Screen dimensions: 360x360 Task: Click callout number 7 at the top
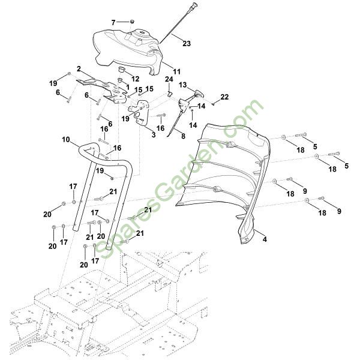point(112,22)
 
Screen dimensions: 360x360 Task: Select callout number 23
point(186,43)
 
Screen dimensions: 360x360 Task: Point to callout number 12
point(136,79)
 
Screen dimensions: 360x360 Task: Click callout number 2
point(79,69)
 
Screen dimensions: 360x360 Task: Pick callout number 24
point(169,79)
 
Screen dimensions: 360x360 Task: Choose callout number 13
point(183,85)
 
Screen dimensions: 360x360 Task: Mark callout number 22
point(225,97)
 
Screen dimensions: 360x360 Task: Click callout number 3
point(154,135)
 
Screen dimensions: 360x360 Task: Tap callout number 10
point(65,139)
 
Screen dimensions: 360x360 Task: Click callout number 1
point(127,88)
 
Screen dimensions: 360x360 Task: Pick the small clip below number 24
point(170,93)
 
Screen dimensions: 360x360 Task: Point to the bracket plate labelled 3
point(142,116)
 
